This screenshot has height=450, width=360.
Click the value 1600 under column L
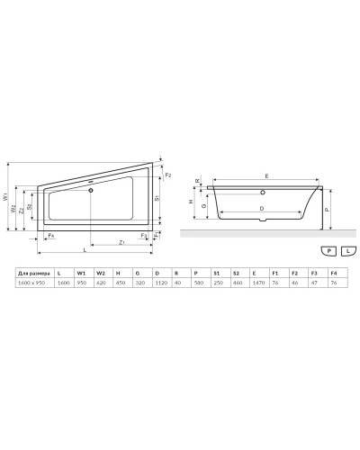pos(63,282)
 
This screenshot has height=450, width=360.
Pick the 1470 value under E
pos(256,282)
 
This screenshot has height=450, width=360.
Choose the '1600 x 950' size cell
pos(34,282)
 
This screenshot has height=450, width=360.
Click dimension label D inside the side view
pos(260,209)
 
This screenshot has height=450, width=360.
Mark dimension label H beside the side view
pos(189,202)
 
